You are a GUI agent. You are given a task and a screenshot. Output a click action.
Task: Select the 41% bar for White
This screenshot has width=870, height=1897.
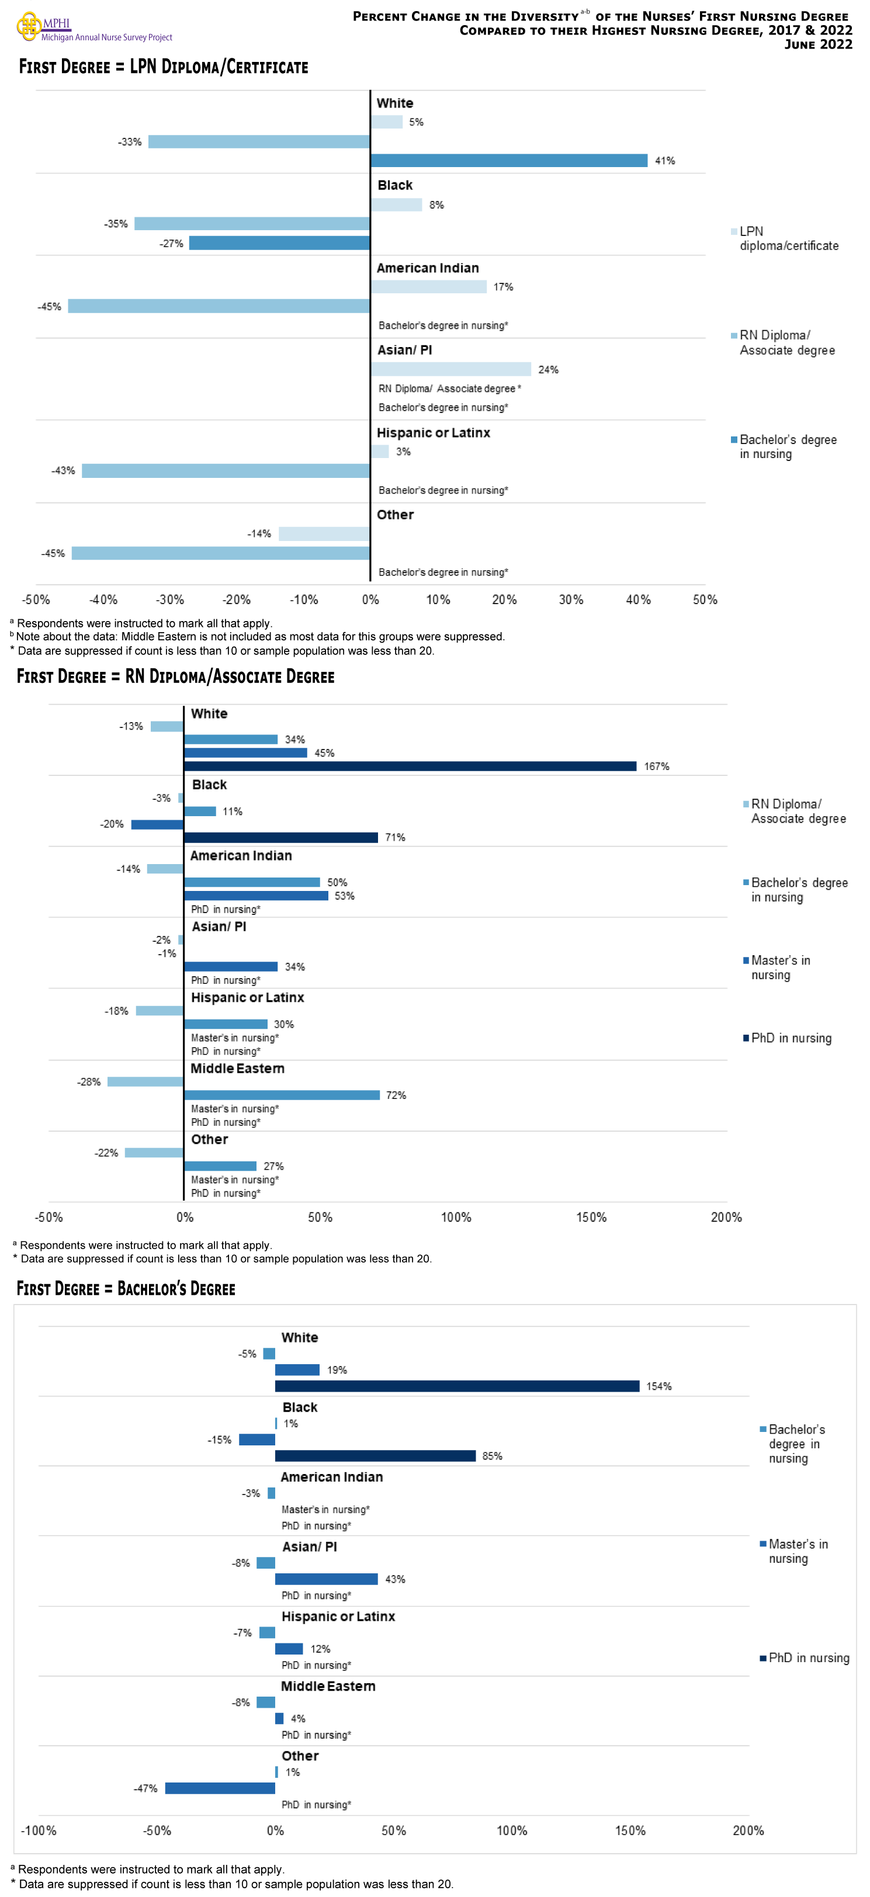(508, 161)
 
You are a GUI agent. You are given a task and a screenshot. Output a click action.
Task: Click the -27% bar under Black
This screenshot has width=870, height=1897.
(279, 243)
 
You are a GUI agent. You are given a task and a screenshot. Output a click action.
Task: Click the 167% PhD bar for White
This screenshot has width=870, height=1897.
(410, 766)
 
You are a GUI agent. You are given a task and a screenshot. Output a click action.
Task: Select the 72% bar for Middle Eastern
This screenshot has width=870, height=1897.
(282, 1095)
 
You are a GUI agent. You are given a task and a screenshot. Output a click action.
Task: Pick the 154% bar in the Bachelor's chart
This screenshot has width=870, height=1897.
(457, 1386)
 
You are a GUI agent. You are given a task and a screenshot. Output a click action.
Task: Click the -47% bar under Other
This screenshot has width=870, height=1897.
(220, 1788)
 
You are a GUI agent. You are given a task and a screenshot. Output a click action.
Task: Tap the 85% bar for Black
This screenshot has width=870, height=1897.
(375, 1456)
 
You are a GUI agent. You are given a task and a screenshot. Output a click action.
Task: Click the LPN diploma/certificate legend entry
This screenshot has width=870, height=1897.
(788, 238)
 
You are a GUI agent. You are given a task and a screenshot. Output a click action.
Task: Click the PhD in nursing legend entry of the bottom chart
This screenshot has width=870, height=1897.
(807, 1657)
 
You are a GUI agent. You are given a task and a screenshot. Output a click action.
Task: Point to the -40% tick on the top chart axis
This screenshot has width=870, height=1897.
(103, 599)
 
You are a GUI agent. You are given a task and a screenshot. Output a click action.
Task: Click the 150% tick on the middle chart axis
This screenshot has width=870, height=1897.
(591, 1218)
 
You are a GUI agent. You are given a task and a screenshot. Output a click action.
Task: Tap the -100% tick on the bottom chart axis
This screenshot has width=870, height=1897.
(39, 1831)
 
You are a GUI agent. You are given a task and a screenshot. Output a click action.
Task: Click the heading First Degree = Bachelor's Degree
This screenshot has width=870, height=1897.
(126, 1289)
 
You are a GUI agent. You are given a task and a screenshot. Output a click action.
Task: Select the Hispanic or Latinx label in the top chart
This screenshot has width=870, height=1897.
(433, 433)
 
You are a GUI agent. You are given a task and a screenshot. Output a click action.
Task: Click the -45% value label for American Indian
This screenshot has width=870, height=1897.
(49, 306)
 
